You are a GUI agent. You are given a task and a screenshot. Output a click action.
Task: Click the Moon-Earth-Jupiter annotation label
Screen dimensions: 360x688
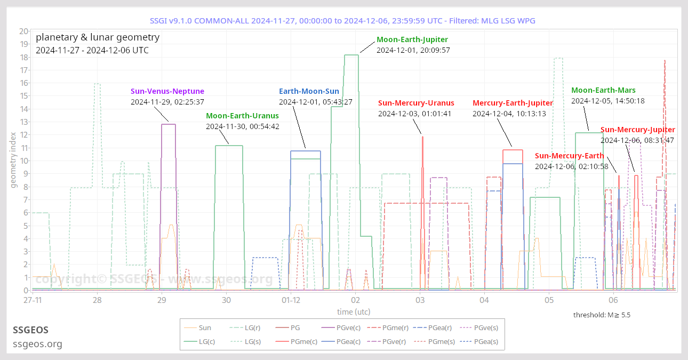(412, 39)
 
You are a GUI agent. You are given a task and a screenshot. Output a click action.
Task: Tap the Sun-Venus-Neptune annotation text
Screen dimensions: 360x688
(167, 91)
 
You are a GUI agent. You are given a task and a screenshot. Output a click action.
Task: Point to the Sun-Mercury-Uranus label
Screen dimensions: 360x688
(416, 103)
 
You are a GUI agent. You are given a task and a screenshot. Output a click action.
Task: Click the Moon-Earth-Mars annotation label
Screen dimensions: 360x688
(603, 90)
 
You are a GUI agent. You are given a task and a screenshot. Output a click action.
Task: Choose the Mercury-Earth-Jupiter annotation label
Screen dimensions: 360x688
(513, 103)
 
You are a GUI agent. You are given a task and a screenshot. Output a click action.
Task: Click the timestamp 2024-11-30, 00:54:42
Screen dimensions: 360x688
(242, 126)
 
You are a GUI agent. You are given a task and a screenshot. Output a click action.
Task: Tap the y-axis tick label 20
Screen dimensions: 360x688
(23, 31)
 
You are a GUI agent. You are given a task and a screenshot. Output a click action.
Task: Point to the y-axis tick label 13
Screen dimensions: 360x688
(23, 122)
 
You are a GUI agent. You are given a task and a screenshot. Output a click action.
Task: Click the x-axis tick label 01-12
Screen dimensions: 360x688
(291, 300)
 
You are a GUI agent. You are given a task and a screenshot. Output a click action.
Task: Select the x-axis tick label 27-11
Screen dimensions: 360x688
(33, 300)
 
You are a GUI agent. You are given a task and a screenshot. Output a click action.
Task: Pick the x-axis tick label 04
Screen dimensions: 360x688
(484, 300)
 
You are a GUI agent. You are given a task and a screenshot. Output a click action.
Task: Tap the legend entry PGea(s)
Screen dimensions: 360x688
(485, 341)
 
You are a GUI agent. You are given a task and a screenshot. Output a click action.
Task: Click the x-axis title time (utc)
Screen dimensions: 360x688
(353, 311)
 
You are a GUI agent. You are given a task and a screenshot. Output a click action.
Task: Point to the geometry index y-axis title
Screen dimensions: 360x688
(13, 161)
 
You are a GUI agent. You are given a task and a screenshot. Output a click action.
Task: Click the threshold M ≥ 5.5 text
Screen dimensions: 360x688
(602, 315)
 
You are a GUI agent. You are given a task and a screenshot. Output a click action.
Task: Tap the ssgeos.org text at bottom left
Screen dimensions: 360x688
(37, 344)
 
